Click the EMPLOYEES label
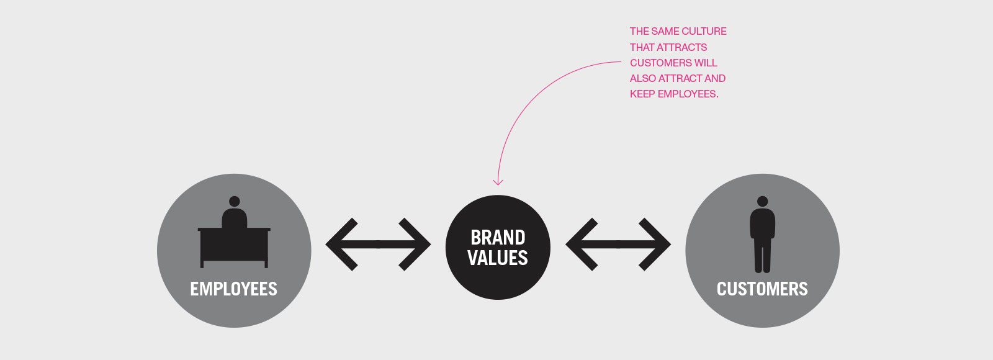coord(233,289)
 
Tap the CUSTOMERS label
coord(762,289)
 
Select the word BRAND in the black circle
coord(498,238)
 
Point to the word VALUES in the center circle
coord(498,258)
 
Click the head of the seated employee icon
coord(235,202)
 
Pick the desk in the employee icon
coord(234,248)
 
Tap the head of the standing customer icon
coord(763,202)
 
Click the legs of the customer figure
coord(763,255)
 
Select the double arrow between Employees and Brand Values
coord(378,245)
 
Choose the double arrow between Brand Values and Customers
coord(618,245)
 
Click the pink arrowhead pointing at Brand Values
coord(498,182)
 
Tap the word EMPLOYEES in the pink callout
coord(688,94)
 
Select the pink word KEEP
coord(642,94)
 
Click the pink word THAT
coord(642,47)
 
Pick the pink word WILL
coord(706,63)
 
